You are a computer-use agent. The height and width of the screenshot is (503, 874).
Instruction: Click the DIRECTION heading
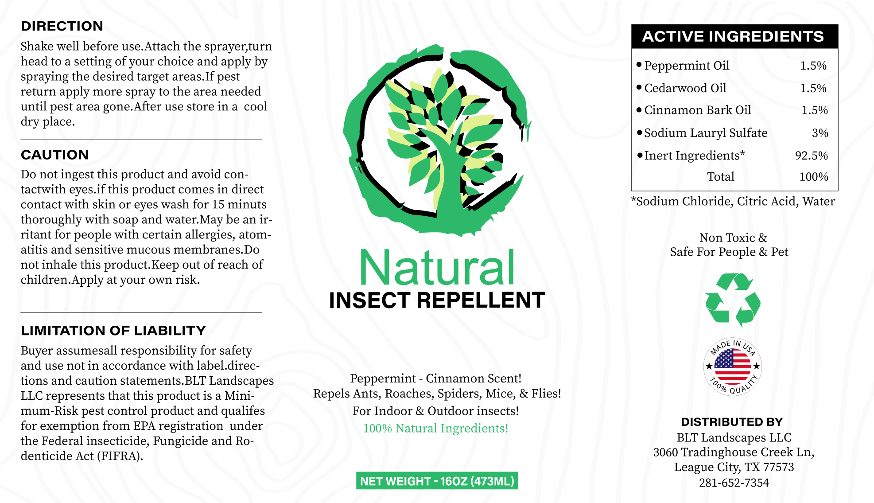62,26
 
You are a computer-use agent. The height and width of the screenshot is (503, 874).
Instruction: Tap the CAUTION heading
55,155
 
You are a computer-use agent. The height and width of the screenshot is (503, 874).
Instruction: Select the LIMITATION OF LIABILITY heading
113,331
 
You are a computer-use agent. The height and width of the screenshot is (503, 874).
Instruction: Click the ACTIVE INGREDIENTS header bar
734,36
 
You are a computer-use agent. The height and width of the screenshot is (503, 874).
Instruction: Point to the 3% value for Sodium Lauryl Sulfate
820,133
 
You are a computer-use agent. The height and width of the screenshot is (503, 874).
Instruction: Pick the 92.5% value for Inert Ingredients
812,156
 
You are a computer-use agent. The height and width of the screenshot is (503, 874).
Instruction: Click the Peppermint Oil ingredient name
687,66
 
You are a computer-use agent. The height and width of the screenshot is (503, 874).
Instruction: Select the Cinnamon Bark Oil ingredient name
698,110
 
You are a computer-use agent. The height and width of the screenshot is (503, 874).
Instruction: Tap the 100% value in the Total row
814,177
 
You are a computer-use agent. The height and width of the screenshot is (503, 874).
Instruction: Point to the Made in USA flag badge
733,367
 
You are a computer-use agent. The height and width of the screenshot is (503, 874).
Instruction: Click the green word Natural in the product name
437,268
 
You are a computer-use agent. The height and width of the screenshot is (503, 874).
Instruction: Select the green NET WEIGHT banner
437,481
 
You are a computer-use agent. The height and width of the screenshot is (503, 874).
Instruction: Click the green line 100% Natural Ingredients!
435,429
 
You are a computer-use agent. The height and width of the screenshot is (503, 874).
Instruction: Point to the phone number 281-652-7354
734,483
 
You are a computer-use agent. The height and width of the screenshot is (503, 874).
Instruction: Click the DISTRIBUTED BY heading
732,422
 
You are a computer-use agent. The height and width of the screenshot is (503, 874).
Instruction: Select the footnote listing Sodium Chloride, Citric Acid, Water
733,202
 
